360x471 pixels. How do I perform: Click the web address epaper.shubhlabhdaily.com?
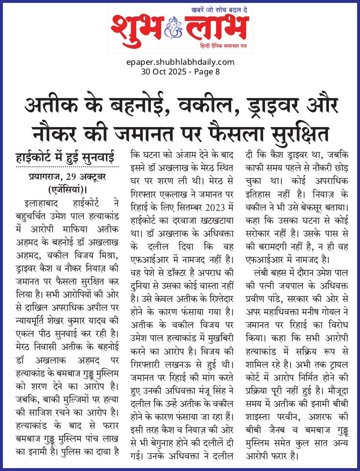click(x=180, y=62)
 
